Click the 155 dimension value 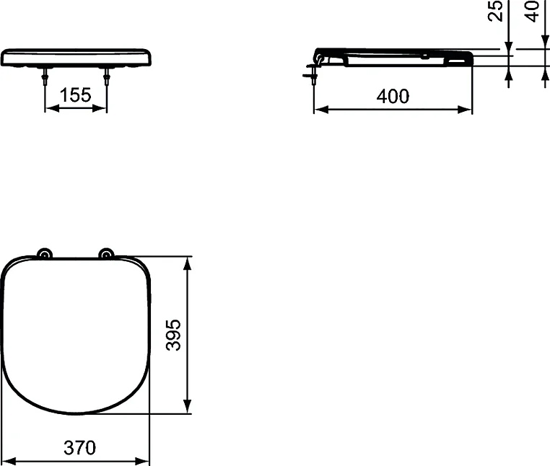(x=76, y=96)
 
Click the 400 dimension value (x=393, y=96)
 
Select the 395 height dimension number (x=174, y=335)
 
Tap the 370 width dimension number (x=79, y=448)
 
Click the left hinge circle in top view (x=45, y=254)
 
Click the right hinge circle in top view (x=107, y=254)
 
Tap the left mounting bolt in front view (x=45, y=78)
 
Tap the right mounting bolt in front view (x=107, y=78)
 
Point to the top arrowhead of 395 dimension (x=188, y=262)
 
